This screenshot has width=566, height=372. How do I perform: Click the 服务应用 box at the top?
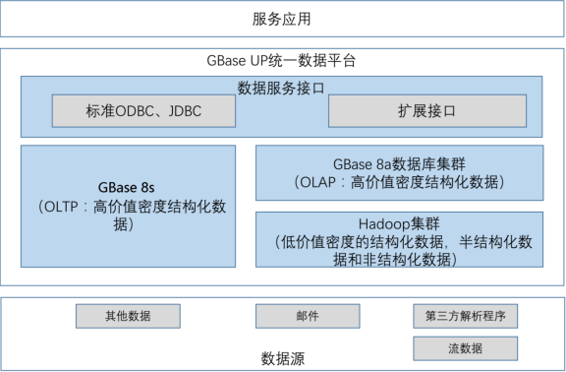coord(282,20)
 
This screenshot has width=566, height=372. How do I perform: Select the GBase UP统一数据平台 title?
coord(282,60)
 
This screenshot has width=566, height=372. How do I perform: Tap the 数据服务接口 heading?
coord(282,88)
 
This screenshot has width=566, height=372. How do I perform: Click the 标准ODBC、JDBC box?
coord(143,111)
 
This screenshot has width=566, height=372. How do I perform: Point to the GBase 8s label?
coord(128,186)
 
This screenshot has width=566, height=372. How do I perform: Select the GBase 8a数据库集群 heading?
coord(398,163)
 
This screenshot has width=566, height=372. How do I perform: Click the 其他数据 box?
coord(128,316)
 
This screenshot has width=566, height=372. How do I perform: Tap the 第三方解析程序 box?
coord(465,316)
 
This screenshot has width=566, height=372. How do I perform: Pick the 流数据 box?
coord(465,347)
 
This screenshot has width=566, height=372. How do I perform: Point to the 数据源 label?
coord(282,358)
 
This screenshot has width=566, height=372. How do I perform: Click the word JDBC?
coord(184,111)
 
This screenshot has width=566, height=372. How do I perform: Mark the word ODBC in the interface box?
coord(135,111)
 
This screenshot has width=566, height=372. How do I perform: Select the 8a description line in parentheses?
coord(398,182)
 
